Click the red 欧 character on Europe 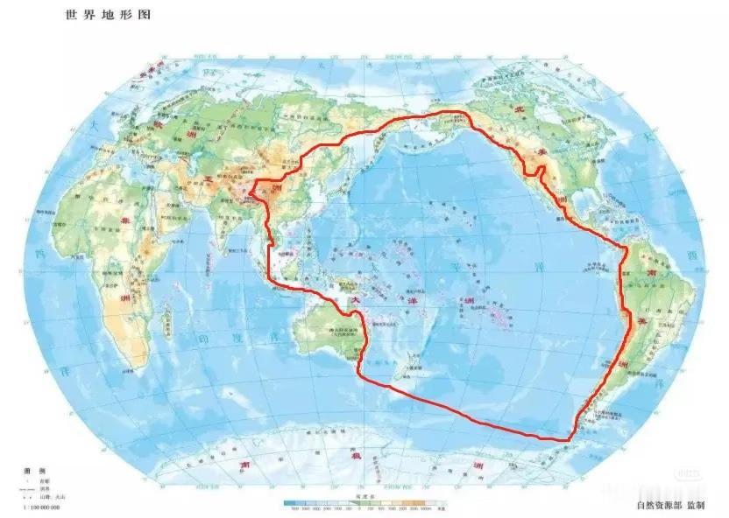(x=159, y=123)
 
